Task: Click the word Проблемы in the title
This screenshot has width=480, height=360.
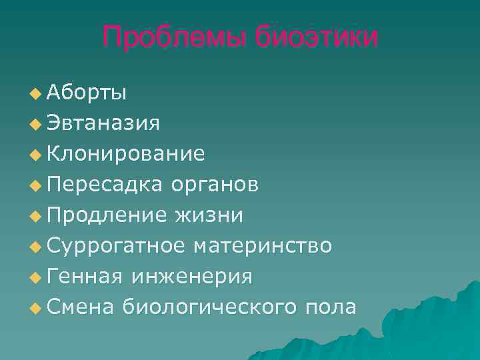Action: tap(175, 38)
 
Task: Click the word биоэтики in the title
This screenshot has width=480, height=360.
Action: tap(315, 38)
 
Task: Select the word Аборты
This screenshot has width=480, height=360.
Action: tap(86, 92)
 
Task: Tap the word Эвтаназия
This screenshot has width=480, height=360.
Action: tap(103, 123)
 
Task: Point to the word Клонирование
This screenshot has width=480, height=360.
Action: tap(126, 153)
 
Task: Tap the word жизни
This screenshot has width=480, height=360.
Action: tap(209, 215)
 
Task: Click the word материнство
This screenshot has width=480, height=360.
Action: tap(262, 245)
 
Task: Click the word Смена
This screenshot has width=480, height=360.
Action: tap(81, 307)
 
